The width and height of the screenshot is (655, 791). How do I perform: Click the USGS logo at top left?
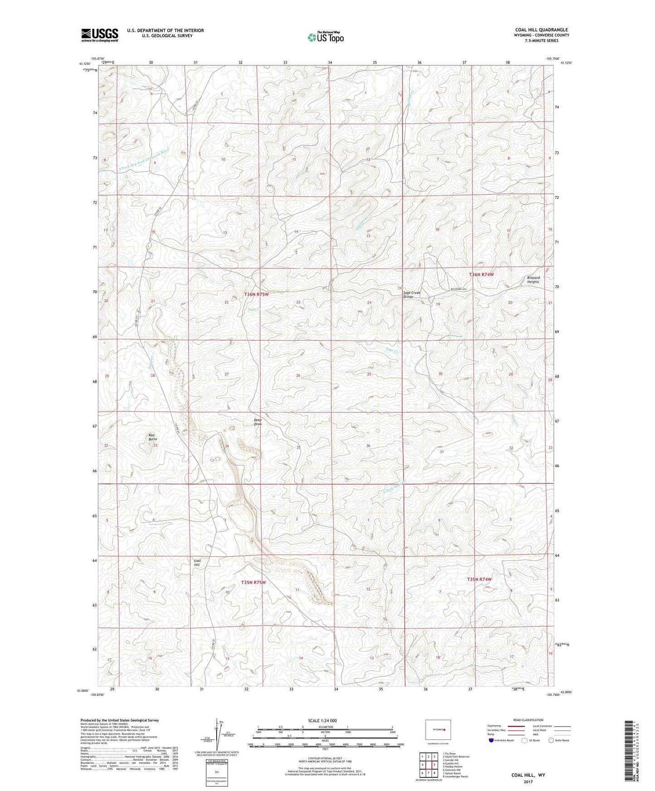(x=100, y=35)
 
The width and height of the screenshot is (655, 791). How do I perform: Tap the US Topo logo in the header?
(x=325, y=37)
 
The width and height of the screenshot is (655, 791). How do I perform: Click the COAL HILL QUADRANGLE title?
(x=541, y=30)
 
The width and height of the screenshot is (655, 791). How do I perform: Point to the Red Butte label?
(x=153, y=437)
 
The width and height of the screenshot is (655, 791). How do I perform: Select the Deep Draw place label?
(x=257, y=422)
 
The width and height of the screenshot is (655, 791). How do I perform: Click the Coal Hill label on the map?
(x=197, y=563)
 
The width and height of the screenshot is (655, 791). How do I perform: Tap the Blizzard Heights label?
(x=533, y=280)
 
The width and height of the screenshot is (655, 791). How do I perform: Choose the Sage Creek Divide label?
(x=412, y=294)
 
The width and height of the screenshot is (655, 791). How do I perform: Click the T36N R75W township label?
(x=257, y=294)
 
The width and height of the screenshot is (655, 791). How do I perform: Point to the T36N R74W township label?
(x=481, y=275)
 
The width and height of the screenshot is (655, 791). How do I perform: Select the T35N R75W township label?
(x=253, y=582)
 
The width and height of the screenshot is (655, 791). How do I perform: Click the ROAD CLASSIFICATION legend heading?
(x=529, y=720)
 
